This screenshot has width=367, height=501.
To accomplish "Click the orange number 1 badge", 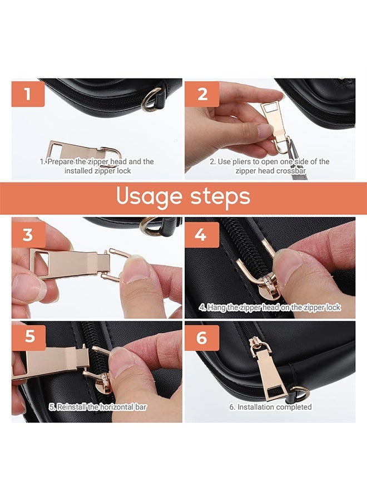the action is pos(28,94).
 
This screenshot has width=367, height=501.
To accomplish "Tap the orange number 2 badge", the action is pos(202,94).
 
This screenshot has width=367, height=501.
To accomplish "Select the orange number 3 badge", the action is pos(28,235).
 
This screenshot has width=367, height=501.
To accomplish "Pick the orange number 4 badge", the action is pos(202,235).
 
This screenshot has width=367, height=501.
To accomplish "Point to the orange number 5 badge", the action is pos(29,336).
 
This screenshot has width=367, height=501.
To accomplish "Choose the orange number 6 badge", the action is pos(202,338).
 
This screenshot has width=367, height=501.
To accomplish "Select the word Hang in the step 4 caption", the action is pos(215,308).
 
